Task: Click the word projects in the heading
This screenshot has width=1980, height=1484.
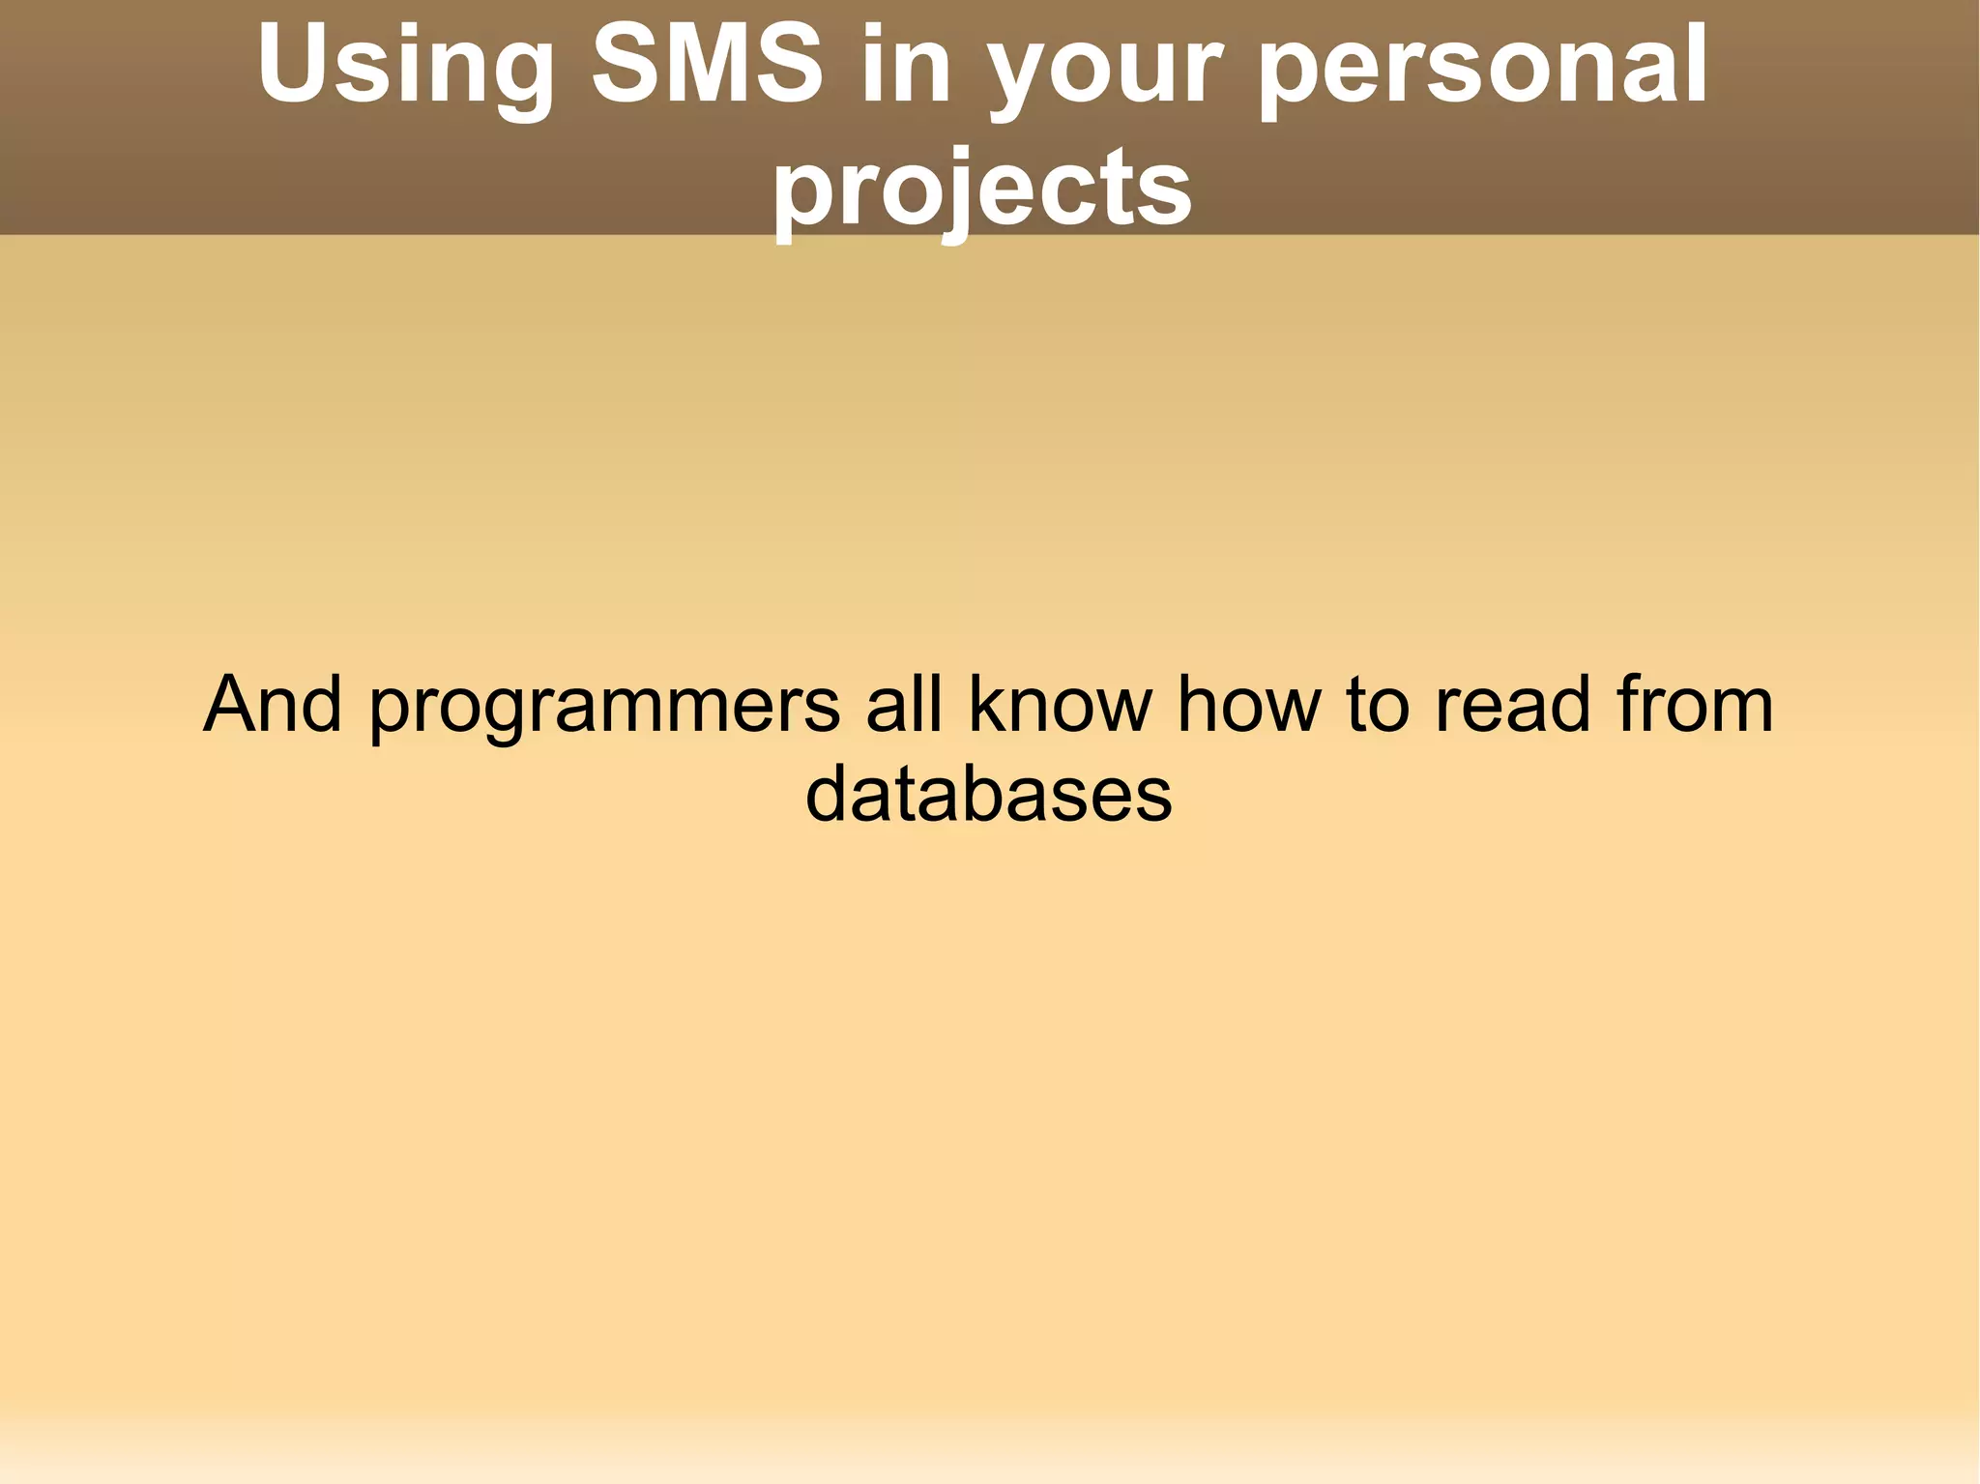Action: click(x=981, y=189)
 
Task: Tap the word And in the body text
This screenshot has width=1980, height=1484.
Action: click(x=273, y=704)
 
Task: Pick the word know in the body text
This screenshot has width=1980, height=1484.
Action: click(x=1061, y=704)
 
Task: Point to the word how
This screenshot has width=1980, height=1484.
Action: click(x=1248, y=704)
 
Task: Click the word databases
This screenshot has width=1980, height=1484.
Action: click(x=988, y=795)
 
